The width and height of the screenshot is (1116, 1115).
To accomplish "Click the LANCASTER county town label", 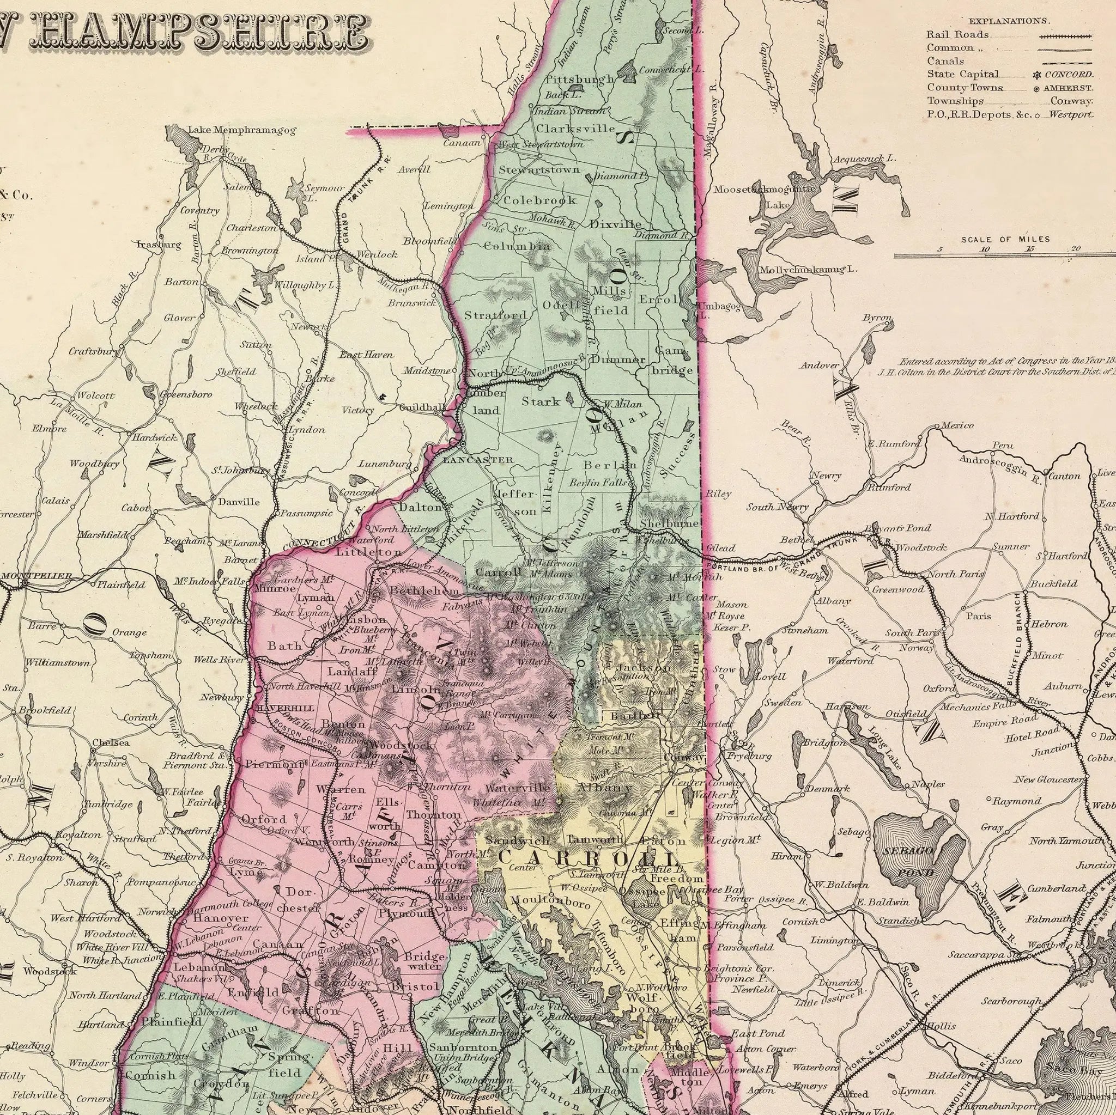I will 478,460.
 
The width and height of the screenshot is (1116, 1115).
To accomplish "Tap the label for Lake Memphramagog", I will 242,131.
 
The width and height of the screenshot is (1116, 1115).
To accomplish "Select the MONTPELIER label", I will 37,576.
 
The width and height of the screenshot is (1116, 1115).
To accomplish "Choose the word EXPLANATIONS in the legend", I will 1009,21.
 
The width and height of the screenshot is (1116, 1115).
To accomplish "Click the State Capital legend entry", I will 963,74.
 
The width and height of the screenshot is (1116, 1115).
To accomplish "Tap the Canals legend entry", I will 945,60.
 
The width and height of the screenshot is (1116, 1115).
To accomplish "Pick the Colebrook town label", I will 539,200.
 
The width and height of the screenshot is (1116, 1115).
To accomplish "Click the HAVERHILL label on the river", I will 286,708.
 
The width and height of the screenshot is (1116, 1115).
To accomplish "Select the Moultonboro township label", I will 550,901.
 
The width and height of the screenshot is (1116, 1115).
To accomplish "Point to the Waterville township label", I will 518,788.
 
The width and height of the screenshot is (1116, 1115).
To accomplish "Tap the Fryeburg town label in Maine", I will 749,756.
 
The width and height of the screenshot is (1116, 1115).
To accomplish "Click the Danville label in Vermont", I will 239,502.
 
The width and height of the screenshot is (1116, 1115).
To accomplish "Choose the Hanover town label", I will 221,917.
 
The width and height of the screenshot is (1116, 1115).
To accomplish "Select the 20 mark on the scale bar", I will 1075,249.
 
